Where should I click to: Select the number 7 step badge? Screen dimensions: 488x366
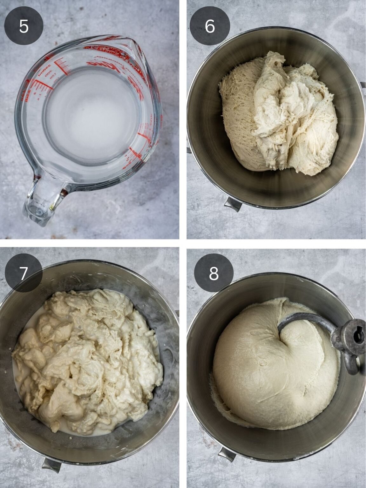pyautogui.click(x=24, y=273)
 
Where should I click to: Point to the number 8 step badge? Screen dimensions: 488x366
pyautogui.click(x=214, y=273)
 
